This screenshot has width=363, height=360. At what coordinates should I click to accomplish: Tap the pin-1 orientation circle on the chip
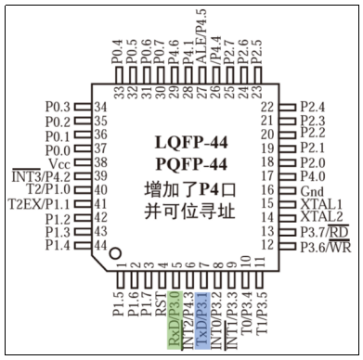coord(114,252)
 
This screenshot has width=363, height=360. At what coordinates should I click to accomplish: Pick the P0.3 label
coord(58,107)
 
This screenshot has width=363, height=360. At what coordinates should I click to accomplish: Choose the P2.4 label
coord(313,107)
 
